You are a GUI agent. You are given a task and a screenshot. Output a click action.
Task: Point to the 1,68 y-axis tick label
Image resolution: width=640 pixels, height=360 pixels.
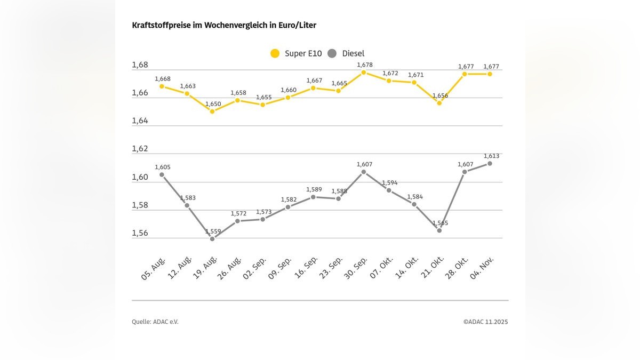click(140, 65)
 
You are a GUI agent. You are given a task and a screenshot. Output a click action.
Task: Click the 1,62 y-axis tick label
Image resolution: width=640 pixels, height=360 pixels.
click(140, 149)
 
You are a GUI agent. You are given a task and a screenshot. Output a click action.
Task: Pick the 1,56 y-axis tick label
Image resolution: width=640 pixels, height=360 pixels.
click(140, 233)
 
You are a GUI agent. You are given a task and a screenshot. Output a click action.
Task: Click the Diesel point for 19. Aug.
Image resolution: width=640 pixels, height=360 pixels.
click(212, 238)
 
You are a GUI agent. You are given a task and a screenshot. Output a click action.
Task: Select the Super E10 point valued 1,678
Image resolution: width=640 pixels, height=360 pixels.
click(364, 73)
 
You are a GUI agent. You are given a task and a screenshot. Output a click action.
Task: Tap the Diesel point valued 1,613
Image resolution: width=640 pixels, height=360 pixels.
click(490, 163)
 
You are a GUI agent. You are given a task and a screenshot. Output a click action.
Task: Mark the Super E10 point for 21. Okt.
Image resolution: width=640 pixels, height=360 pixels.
click(439, 103)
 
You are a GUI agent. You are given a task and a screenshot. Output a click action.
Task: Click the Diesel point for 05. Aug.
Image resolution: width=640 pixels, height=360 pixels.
click(162, 174)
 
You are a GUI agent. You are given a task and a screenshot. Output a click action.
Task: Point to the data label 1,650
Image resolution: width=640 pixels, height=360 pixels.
click(213, 104)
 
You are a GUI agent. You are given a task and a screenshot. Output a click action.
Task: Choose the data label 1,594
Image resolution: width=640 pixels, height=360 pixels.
click(389, 182)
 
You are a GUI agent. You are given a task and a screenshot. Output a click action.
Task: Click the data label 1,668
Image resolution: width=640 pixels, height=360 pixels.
click(163, 79)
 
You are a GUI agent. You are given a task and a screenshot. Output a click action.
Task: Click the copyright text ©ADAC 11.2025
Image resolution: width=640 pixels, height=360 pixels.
click(485, 322)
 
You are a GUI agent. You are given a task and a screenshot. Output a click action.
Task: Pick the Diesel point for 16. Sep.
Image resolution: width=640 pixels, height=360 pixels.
click(313, 197)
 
